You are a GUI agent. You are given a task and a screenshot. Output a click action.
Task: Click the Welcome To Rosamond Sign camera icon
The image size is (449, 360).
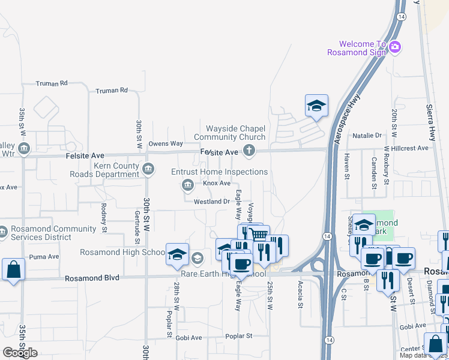[394, 47]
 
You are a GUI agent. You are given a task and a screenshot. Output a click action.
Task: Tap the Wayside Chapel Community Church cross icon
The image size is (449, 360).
[247, 152]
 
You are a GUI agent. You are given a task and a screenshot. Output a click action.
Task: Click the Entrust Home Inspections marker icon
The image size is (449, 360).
[187, 185]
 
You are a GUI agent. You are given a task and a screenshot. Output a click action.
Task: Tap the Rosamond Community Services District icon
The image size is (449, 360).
[2, 231]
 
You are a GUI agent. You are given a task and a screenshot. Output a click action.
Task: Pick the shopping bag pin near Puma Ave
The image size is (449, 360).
[13, 269]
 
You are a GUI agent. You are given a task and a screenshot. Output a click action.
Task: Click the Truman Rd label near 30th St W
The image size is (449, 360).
[112, 90]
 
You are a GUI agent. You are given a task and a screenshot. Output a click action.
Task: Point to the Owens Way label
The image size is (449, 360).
[166, 143]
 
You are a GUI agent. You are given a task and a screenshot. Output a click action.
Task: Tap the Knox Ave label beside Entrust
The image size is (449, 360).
[217, 183]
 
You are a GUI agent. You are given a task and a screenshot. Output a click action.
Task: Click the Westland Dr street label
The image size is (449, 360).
[212, 202]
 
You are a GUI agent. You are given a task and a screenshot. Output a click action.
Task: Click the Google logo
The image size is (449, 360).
[20, 353]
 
